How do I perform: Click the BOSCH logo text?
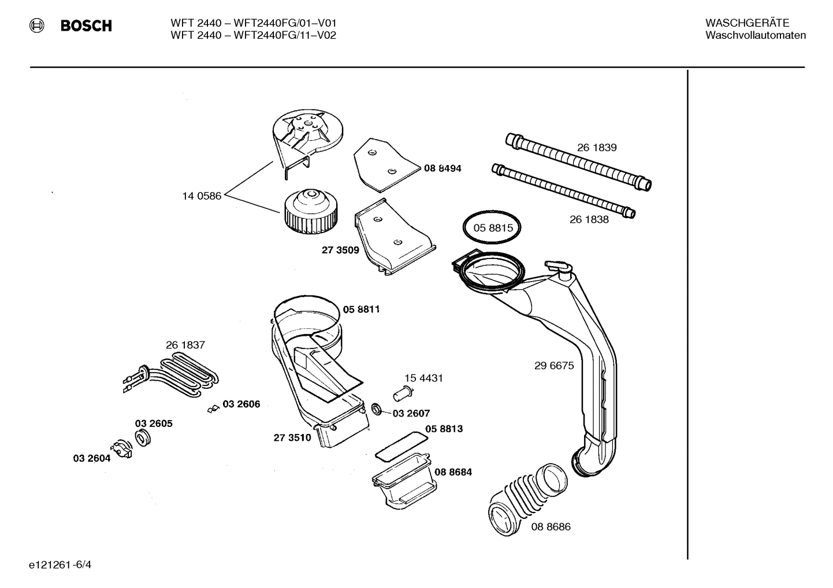tap(86, 26)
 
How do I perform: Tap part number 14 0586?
tap(202, 196)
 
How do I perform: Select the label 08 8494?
tap(442, 168)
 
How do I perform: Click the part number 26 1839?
tap(597, 148)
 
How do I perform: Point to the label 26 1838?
tap(589, 219)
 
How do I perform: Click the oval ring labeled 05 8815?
tap(492, 228)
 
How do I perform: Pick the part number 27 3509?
tap(340, 250)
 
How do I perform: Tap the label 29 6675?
tap(554, 366)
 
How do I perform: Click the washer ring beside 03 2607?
tap(377, 410)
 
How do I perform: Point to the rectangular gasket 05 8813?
tap(401, 444)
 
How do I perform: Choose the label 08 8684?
tap(453, 472)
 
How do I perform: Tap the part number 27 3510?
tap(292, 438)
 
